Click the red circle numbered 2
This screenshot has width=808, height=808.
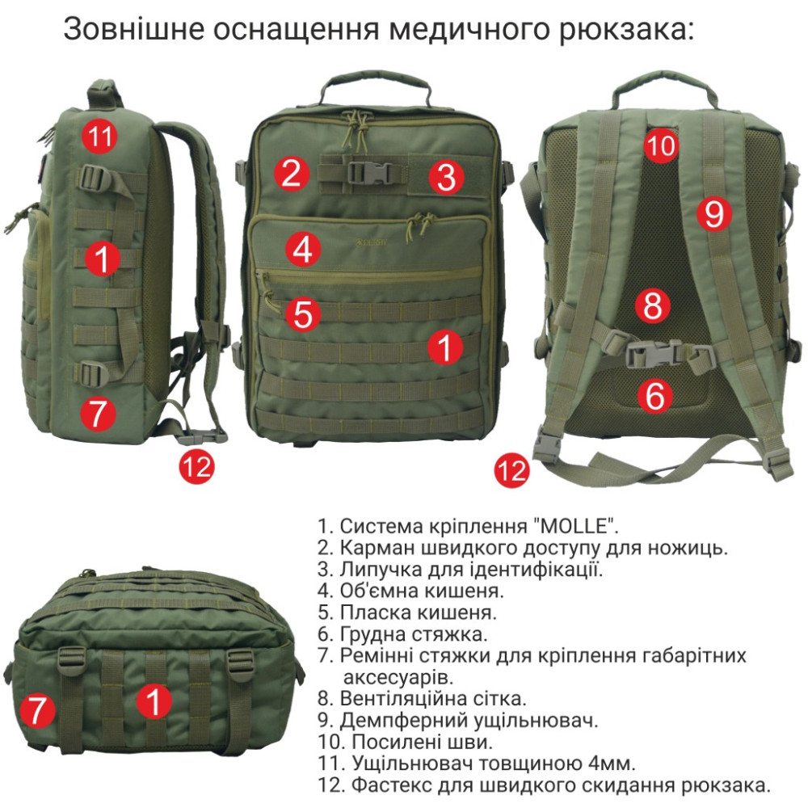(x=291, y=174)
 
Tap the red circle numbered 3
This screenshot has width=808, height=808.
(x=446, y=176)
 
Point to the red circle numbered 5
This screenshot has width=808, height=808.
(x=303, y=314)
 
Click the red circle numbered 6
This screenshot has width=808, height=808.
(x=655, y=396)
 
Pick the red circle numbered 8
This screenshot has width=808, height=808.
(x=652, y=305)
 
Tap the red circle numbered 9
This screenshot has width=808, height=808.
(x=714, y=213)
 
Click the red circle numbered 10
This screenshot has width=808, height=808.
(x=661, y=145)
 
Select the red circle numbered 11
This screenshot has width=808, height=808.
(x=100, y=136)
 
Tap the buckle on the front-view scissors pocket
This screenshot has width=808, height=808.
(x=369, y=171)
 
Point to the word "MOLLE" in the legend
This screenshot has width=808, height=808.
(x=572, y=526)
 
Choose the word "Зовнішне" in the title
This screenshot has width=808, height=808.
(x=134, y=29)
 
